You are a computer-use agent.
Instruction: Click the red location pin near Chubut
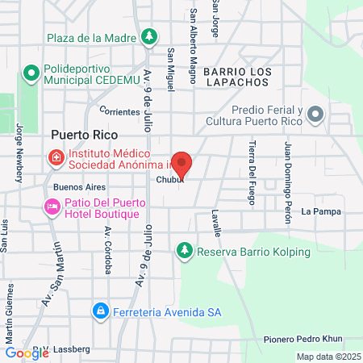click(x=182, y=164)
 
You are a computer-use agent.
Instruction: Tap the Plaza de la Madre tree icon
click(x=148, y=36)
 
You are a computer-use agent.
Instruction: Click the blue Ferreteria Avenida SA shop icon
click(x=100, y=310)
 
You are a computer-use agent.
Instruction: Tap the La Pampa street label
click(x=321, y=211)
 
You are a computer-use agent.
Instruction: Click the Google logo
click(x=27, y=352)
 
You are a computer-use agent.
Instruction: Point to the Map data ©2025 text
click(x=327, y=357)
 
